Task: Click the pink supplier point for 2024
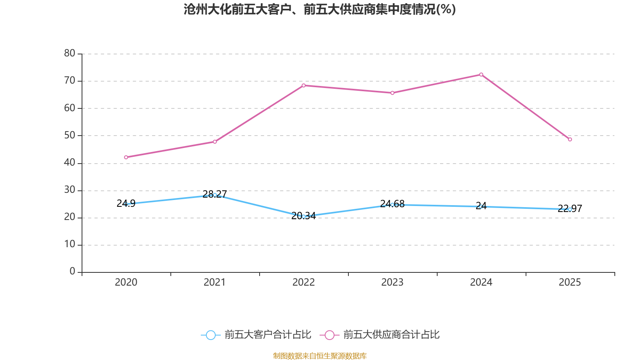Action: point(481,74)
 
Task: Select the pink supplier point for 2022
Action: point(304,85)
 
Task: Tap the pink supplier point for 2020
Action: point(126,157)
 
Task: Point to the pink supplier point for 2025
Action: point(570,140)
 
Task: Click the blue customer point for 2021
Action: point(215,195)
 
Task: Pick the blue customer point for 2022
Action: point(304,216)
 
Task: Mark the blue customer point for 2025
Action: point(570,209)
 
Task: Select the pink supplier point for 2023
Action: point(392,93)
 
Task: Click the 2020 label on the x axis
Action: point(126,282)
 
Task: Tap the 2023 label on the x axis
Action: point(392,282)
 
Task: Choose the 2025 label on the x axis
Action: point(570,282)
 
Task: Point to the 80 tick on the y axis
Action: point(70,53)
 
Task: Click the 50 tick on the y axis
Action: point(70,135)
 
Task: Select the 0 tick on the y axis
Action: point(72,272)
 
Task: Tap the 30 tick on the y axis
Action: point(70,190)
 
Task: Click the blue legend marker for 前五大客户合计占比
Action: point(211,335)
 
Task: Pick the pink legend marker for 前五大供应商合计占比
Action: point(330,335)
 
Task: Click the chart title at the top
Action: point(320,9)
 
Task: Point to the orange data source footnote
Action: point(320,356)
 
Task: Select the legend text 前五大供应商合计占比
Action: point(391,335)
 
